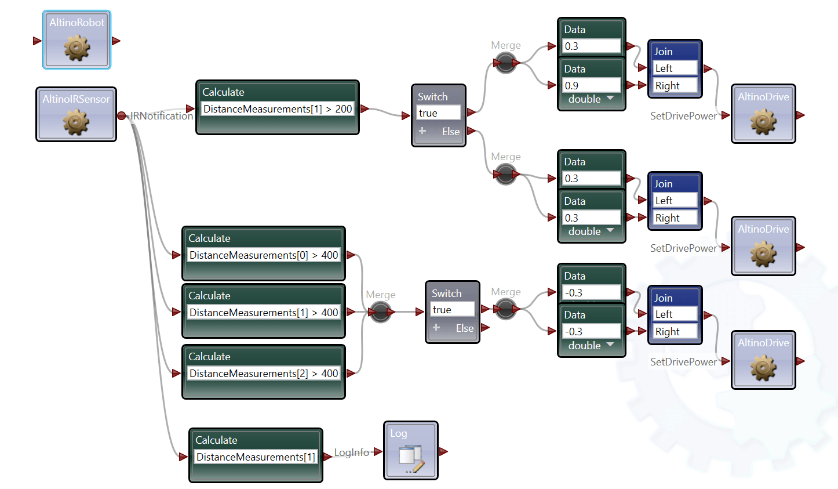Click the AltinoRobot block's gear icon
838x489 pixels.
click(77, 48)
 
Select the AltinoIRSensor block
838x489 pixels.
click(76, 114)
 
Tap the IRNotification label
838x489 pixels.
click(162, 116)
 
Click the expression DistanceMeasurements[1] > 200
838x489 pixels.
click(277, 109)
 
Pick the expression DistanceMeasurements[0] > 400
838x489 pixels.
click(263, 255)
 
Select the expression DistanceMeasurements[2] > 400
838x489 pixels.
click(263, 374)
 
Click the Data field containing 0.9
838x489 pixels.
click(591, 85)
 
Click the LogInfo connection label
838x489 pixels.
click(351, 452)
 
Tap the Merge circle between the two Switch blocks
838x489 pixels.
click(381, 312)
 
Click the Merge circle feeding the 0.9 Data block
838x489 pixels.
click(505, 63)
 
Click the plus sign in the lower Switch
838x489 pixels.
click(436, 328)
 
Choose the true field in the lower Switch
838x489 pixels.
click(452, 310)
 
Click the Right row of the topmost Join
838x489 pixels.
click(675, 86)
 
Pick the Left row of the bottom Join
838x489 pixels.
click(675, 314)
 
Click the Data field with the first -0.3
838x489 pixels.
click(591, 292)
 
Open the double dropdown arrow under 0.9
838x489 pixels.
click(610, 99)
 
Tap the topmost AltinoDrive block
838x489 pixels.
click(763, 114)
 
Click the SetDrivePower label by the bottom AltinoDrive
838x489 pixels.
click(683, 362)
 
